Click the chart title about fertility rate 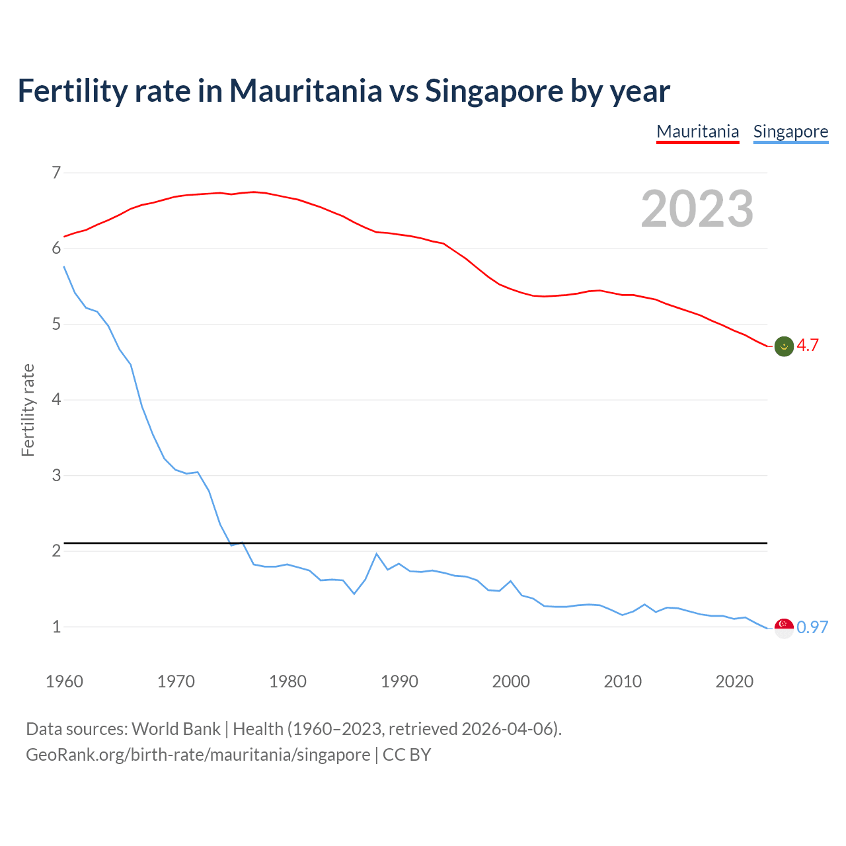344,91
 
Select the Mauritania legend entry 697,132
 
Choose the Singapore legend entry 790,132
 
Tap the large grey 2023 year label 697,209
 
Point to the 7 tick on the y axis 56,173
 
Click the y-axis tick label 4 56,400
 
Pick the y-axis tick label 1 56,627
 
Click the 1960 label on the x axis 64,681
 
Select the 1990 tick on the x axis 399,681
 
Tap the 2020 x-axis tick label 734,681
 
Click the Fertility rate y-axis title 28,410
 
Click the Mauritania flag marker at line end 784,346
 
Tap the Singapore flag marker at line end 784,628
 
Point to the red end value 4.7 808,345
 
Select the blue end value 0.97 812,627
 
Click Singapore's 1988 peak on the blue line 377,554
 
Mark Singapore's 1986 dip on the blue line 354,594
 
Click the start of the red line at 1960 64,237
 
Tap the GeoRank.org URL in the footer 198,755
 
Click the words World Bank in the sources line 176,729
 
